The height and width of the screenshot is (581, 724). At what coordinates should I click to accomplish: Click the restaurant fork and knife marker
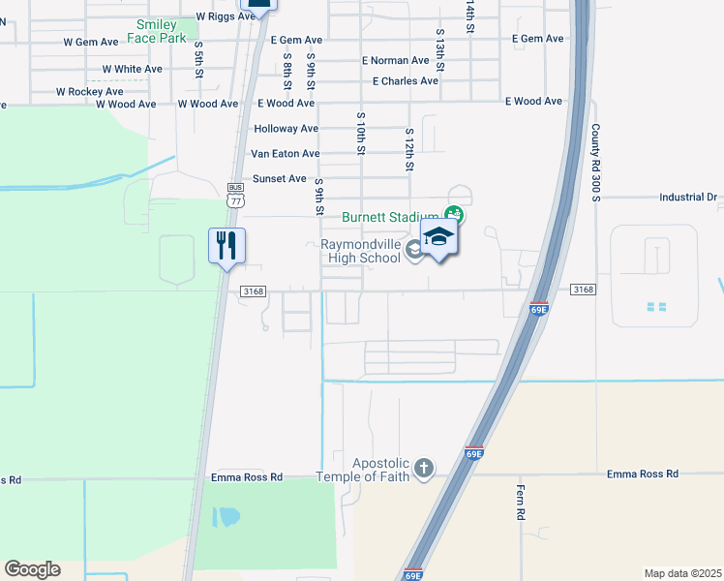tap(226, 245)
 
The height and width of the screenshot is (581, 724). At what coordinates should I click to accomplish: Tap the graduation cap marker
tap(438, 237)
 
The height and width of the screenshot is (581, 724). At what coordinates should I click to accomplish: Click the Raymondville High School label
tap(360, 251)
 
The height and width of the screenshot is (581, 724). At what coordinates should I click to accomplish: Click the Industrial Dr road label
tap(687, 197)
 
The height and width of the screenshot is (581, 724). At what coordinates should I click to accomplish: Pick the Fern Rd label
tap(520, 503)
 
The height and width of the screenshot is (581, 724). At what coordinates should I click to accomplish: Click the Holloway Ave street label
tap(286, 129)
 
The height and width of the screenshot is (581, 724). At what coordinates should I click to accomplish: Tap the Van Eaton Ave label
tap(285, 154)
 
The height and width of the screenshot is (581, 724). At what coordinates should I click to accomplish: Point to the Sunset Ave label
tap(279, 179)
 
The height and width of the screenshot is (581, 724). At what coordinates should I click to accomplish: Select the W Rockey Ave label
tap(89, 92)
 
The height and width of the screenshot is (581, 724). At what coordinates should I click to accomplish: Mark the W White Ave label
tap(132, 70)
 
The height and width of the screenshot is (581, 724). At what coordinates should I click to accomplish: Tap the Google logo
tap(32, 569)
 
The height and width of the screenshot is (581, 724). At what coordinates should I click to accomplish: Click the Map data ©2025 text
tap(681, 573)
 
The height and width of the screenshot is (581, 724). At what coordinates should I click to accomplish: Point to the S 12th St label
tap(409, 150)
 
